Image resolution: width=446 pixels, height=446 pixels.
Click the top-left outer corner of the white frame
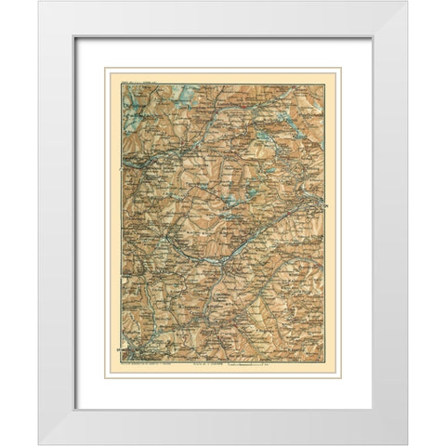[x=39, y=2]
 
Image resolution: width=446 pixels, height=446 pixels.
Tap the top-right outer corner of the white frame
[x=406, y=2]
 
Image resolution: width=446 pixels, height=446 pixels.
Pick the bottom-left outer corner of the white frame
[x=39, y=443]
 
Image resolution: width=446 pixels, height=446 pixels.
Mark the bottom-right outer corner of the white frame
[x=406, y=443]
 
